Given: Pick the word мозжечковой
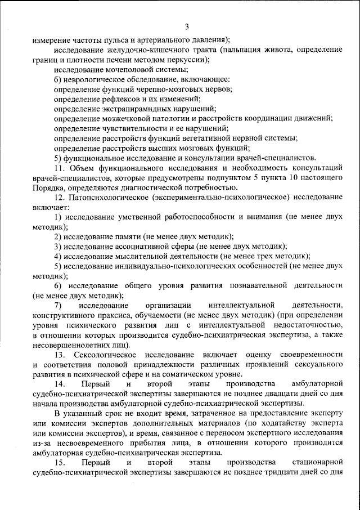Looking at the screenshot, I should coord(129,119).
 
